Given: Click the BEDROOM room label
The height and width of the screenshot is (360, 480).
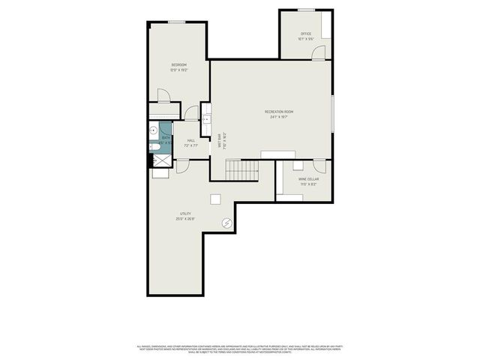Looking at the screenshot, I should tap(178, 65).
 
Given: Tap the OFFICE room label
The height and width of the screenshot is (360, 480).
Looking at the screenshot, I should tap(306, 34).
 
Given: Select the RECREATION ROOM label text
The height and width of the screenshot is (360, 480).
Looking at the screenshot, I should tap(277, 112).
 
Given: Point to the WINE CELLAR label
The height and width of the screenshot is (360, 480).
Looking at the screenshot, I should tap(308, 179).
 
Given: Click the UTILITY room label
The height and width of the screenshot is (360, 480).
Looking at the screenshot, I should tap(185, 214).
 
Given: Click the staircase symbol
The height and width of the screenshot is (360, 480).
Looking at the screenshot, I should tap(242, 170).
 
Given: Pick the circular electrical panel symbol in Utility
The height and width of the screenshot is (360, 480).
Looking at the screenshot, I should tap(226, 223).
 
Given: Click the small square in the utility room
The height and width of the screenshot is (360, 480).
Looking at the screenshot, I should tap(216, 199).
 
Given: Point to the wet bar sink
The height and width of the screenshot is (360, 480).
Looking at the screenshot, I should tap(205, 118).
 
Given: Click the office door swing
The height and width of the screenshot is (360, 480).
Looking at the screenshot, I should tap(319, 52).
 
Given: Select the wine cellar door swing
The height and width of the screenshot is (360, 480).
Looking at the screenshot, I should tap(319, 166).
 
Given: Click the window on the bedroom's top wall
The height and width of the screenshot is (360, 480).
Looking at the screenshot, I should tap(176, 22).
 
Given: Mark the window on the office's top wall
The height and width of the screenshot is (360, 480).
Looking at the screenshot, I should tap(306, 10).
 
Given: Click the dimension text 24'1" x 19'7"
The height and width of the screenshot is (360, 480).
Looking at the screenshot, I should tap(277, 117).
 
